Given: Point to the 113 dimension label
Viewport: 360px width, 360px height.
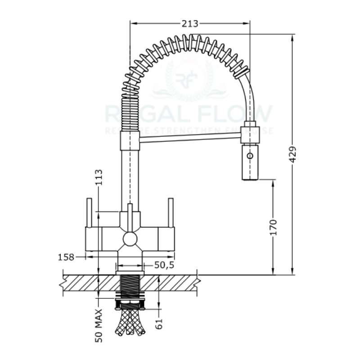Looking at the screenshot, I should coord(99,177).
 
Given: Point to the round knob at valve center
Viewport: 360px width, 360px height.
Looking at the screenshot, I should coord(130,238).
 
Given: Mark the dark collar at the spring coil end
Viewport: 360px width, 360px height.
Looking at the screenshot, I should coord(243,71).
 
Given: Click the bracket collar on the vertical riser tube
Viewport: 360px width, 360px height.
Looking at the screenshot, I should coord(129,143).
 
